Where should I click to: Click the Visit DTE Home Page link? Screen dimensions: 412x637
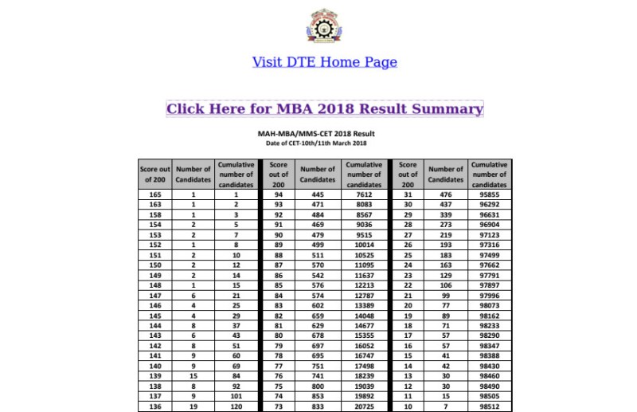pos(324,62)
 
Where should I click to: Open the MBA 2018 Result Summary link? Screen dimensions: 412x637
pos(324,109)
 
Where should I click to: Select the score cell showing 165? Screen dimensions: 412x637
pos(155,194)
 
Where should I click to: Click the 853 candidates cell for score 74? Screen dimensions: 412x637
pos(318,395)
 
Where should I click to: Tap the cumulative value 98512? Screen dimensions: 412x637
pos(489,406)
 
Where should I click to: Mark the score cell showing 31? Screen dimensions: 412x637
pos(408,194)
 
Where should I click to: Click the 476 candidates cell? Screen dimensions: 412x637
pos(445,194)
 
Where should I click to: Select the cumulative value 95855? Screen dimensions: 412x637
pos(489,194)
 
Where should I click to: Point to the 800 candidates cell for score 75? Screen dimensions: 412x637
pos(318,384)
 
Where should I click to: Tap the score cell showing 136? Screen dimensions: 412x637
pos(155,406)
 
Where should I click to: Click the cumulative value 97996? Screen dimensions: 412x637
pos(489,295)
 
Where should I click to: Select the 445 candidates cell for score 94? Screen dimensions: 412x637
pos(318,194)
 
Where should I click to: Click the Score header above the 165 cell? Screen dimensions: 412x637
pos(155,175)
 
